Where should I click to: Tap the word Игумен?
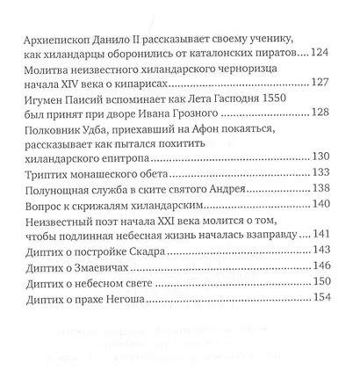tap(40, 102)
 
